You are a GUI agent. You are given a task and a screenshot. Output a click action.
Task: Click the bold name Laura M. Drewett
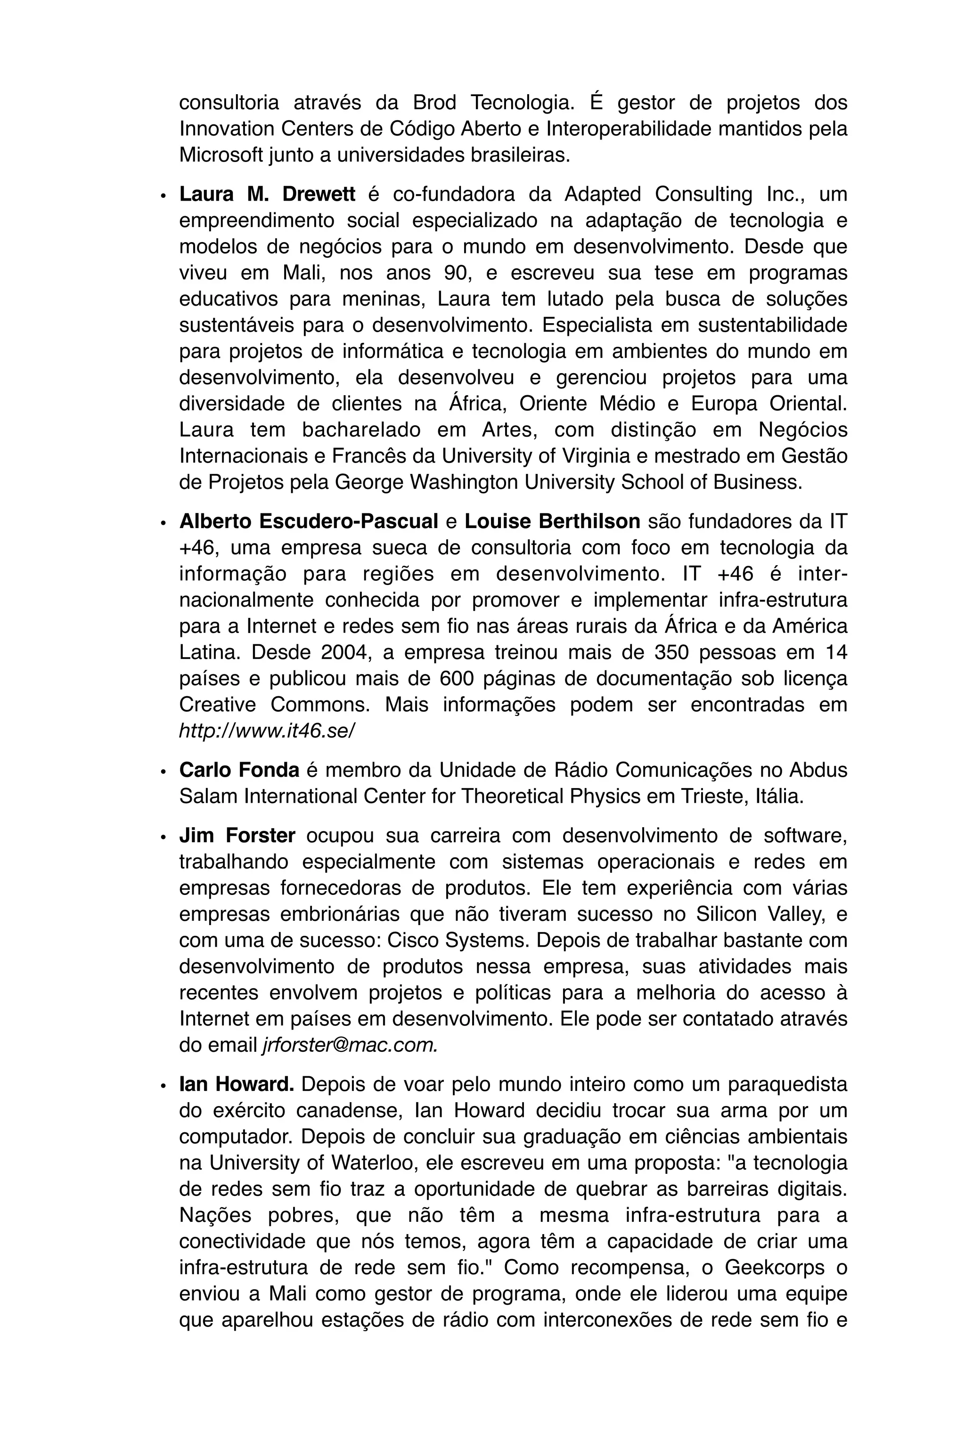click(267, 195)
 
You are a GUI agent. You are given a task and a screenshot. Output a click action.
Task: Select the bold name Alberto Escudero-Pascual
click(308, 522)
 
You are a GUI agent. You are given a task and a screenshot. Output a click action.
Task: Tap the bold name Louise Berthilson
click(552, 522)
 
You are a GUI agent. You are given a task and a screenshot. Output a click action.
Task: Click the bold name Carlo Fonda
click(239, 770)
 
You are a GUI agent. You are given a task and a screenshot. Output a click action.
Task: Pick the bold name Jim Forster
click(237, 836)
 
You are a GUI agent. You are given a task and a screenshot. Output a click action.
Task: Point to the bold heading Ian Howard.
click(237, 1085)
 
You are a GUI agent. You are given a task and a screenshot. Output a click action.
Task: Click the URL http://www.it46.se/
click(267, 731)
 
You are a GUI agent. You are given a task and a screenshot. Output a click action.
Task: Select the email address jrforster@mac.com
click(350, 1045)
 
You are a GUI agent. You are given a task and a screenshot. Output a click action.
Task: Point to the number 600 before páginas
click(457, 679)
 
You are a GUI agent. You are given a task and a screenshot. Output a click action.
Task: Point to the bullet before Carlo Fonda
click(163, 772)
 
